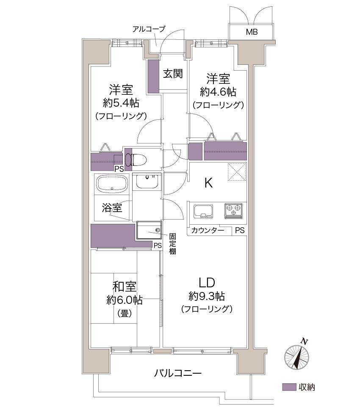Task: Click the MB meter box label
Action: (x=252, y=32)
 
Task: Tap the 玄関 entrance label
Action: (x=173, y=74)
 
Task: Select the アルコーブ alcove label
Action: (x=149, y=29)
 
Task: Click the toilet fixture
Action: (x=136, y=160)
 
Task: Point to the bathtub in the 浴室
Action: (x=112, y=184)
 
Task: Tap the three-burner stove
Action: (x=233, y=211)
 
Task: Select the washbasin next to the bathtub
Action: (x=147, y=181)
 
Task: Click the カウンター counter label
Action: (x=208, y=231)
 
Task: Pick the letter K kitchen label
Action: (x=208, y=182)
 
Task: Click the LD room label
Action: (x=207, y=283)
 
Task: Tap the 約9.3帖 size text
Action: (x=207, y=296)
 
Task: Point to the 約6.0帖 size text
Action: (x=125, y=300)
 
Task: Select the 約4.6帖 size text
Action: (x=218, y=92)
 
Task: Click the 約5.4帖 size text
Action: (x=121, y=103)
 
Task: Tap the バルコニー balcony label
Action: (x=178, y=373)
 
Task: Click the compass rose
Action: (x=297, y=356)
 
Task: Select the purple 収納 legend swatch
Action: (x=289, y=387)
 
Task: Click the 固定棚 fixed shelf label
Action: (x=173, y=244)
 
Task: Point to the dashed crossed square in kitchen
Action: (x=237, y=172)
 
